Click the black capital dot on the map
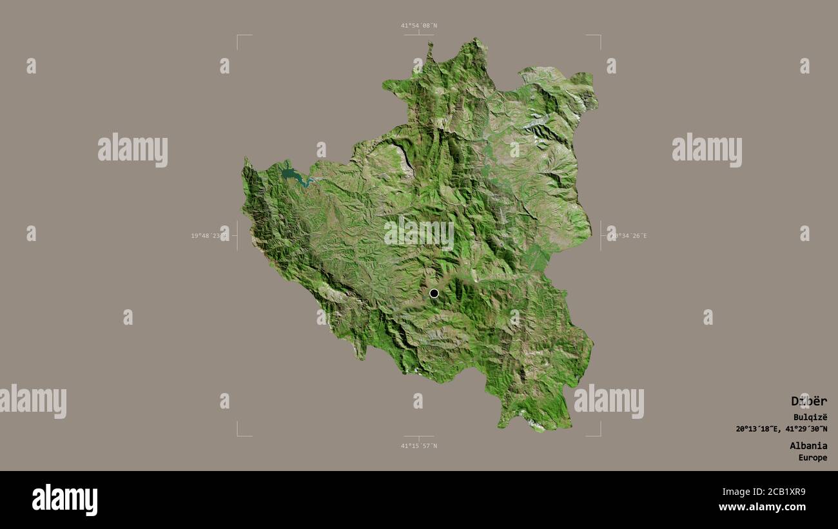[434, 293]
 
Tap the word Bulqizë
[810, 418]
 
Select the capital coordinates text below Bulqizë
[781, 429]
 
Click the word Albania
[808, 445]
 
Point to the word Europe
[812, 458]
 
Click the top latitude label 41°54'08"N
[418, 26]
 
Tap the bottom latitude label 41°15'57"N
[418, 446]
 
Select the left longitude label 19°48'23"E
[209, 236]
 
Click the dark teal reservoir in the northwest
[290, 174]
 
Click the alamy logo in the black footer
[64, 500]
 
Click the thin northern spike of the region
[430, 49]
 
